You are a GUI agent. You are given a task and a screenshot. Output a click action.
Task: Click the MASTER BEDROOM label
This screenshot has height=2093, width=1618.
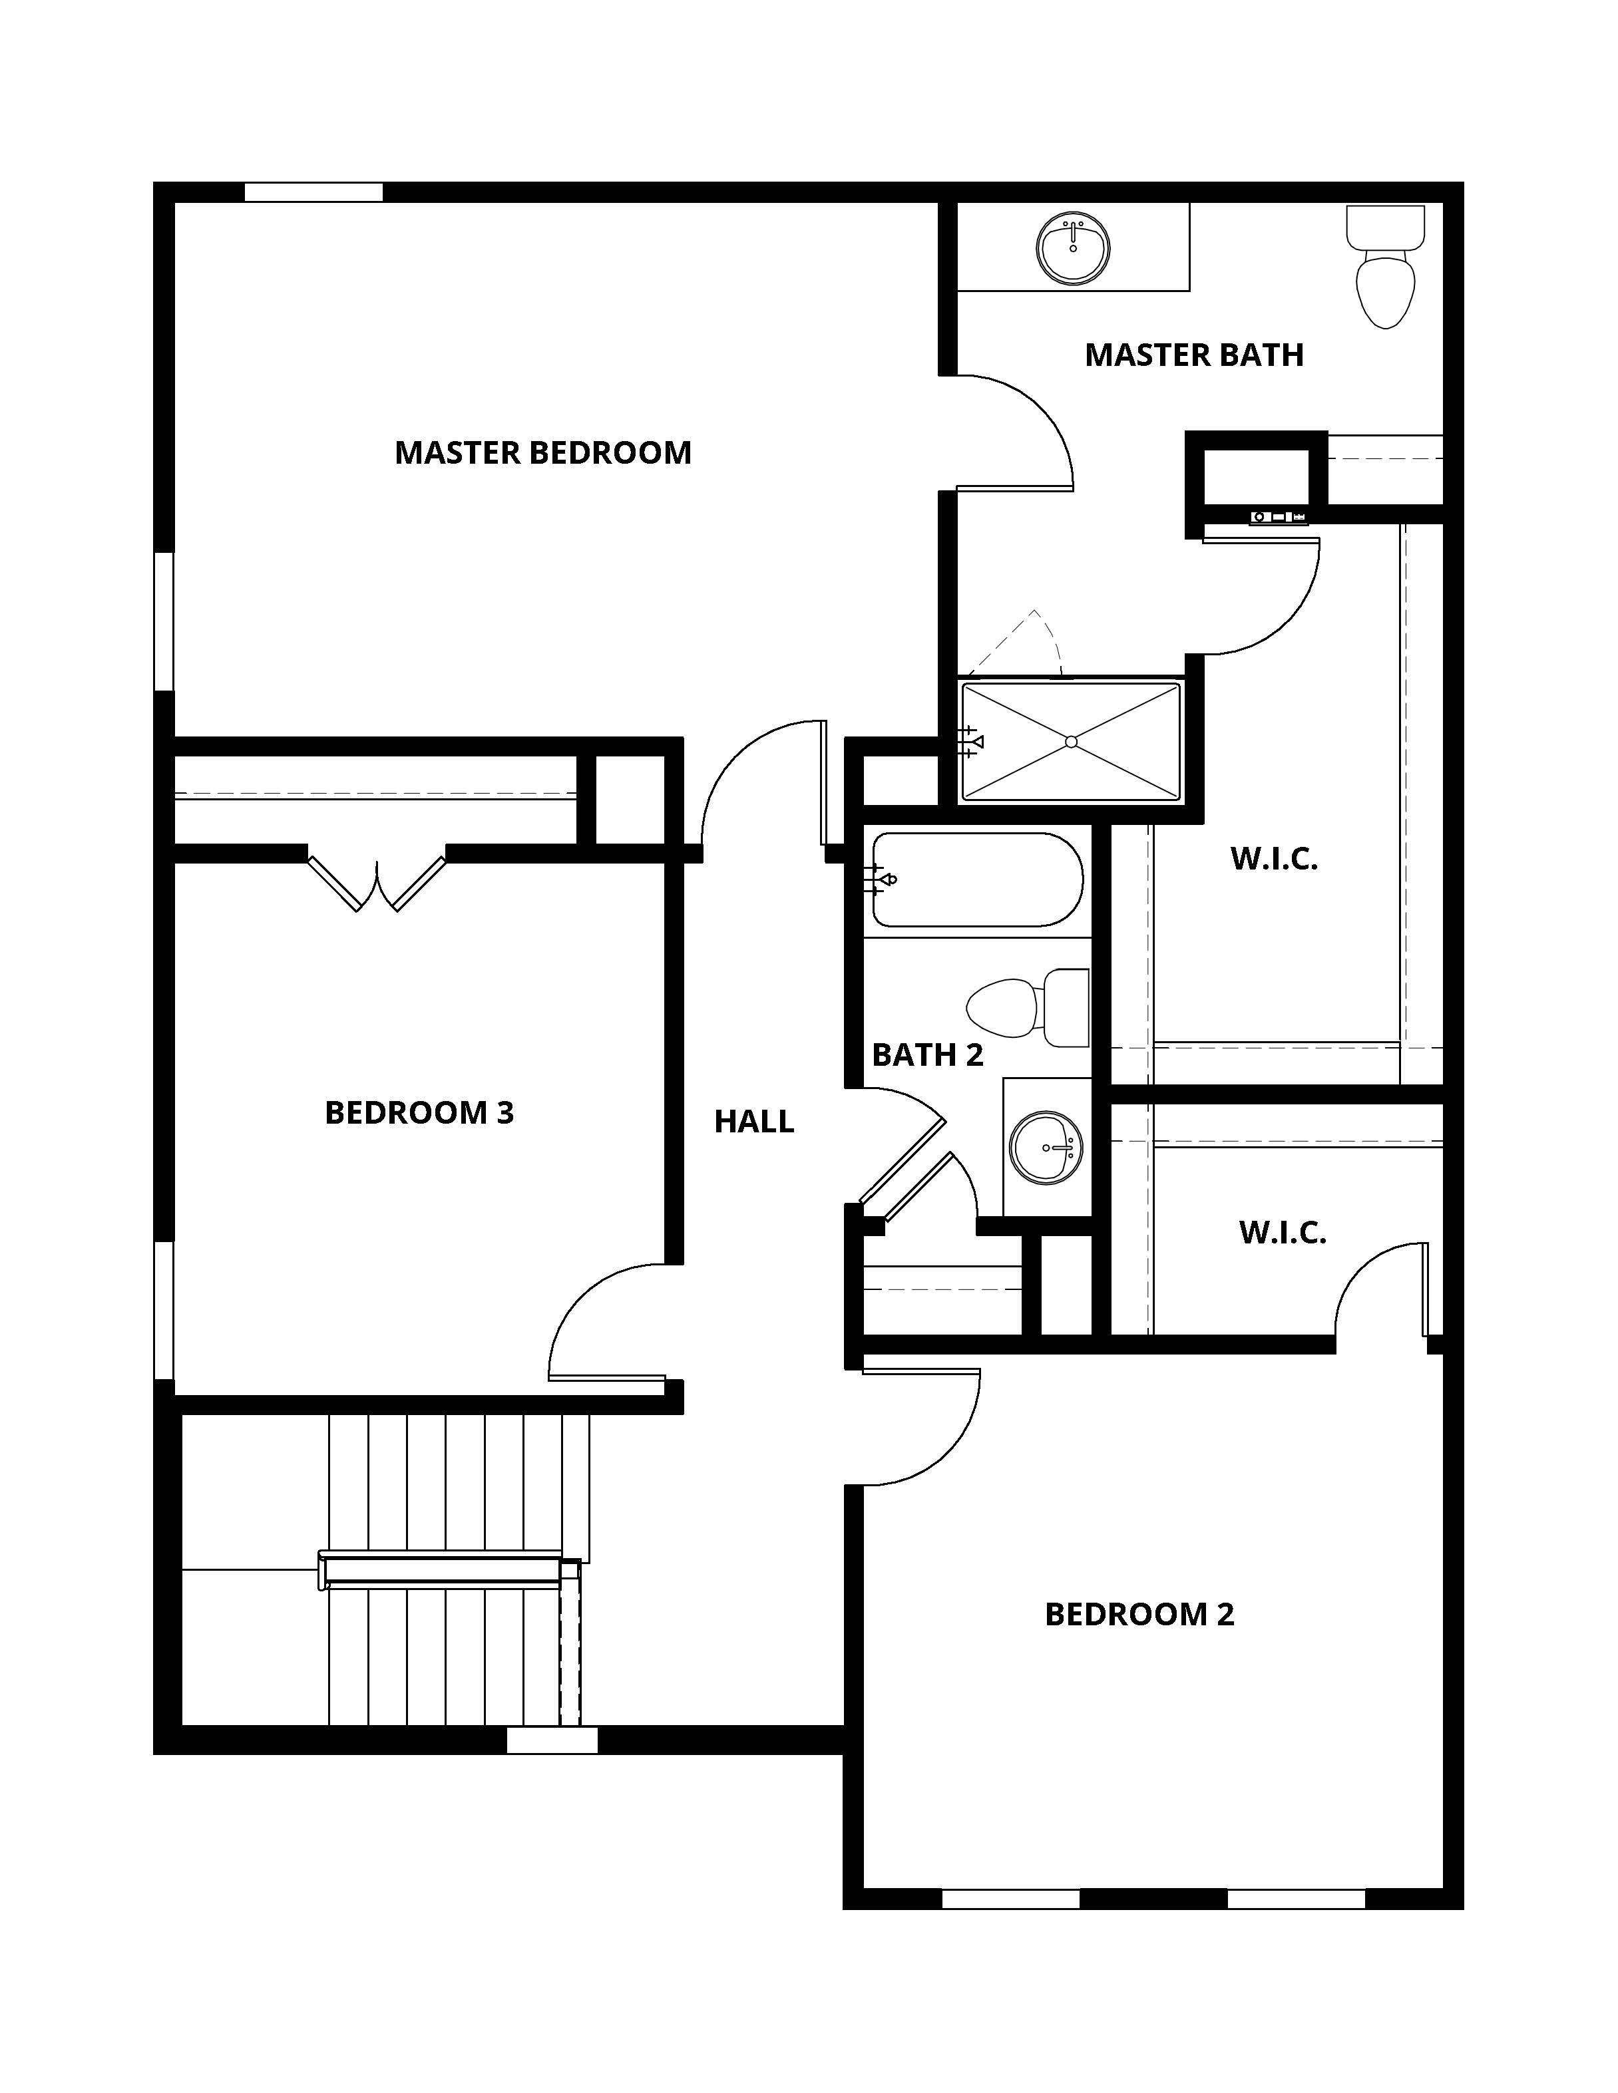click(542, 452)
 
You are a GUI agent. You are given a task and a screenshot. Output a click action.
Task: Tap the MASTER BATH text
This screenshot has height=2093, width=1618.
click(1193, 355)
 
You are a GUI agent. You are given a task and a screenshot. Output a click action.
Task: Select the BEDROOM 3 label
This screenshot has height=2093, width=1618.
click(419, 1112)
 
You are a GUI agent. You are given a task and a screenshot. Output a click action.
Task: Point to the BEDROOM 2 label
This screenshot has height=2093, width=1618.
click(1139, 1614)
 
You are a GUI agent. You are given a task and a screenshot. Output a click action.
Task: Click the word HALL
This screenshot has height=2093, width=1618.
click(753, 1121)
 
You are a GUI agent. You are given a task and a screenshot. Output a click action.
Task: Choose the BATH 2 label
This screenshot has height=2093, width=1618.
click(927, 1055)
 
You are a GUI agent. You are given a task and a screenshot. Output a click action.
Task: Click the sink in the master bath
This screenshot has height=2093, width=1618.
click(1073, 247)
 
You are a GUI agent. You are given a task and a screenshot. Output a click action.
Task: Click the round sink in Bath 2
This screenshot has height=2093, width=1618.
click(1048, 1147)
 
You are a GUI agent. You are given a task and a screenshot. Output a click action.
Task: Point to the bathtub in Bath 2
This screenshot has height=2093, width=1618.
click(977, 880)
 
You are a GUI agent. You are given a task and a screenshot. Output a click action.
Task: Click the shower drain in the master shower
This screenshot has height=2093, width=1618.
click(1071, 742)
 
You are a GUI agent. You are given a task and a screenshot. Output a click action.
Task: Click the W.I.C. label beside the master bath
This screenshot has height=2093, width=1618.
click(1274, 859)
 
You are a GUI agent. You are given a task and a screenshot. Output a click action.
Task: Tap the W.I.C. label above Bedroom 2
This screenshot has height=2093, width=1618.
click(1282, 1232)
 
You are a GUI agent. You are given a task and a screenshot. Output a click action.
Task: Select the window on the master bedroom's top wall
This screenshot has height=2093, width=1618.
click(313, 192)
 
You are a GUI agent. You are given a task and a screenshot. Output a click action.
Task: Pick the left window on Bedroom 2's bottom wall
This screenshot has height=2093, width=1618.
click(1010, 1899)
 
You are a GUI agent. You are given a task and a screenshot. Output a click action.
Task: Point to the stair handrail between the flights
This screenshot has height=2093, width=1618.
click(441, 1570)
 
